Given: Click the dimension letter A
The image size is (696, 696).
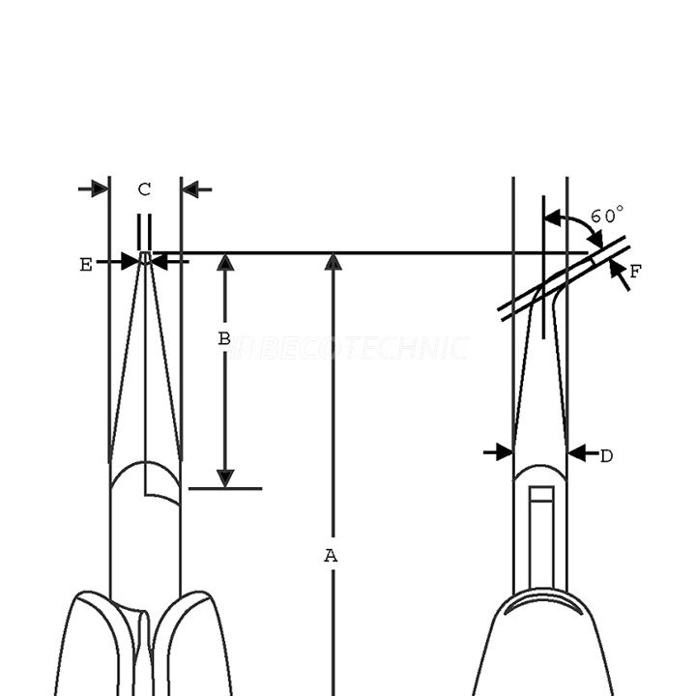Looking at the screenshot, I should pyautogui.click(x=331, y=556).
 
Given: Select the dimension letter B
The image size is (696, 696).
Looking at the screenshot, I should pyautogui.click(x=223, y=339).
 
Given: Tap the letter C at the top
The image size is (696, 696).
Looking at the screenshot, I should pyautogui.click(x=144, y=190).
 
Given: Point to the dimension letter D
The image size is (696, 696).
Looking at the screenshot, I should pyautogui.click(x=606, y=455).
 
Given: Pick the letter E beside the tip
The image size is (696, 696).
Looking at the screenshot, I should pyautogui.click(x=86, y=265).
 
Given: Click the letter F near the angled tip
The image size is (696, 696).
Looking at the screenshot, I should pyautogui.click(x=635, y=272).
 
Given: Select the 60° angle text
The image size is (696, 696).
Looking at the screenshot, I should pyautogui.click(x=607, y=216).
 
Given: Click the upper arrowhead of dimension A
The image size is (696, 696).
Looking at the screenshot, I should pyautogui.click(x=333, y=262).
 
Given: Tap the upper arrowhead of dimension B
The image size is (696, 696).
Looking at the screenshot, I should pyautogui.click(x=225, y=263).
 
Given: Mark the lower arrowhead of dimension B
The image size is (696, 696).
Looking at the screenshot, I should pyautogui.click(x=225, y=478).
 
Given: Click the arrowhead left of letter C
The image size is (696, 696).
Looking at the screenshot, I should pyautogui.click(x=99, y=188).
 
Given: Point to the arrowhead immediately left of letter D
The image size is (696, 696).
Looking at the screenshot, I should pyautogui.click(x=502, y=451).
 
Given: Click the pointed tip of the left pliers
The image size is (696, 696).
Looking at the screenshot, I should pyautogui.click(x=144, y=257).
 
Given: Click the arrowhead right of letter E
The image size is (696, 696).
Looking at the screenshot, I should pyautogui.click(x=160, y=260).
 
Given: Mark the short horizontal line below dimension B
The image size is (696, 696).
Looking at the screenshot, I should pyautogui.click(x=224, y=488).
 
